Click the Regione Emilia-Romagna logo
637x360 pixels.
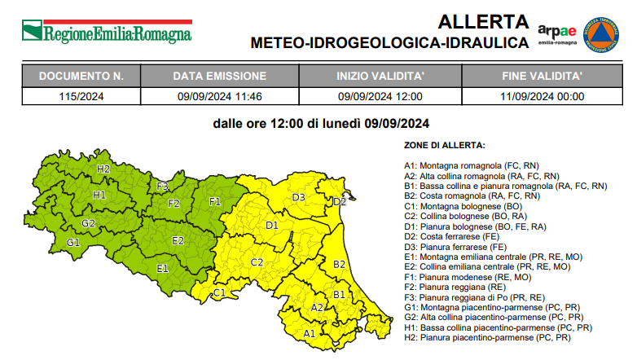(106, 32)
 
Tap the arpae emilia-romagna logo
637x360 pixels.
(557, 35)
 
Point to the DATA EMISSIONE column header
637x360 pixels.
(219, 77)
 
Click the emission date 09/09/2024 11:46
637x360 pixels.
(219, 96)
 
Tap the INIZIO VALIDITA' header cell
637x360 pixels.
(380, 77)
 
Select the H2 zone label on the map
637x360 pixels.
(103, 169)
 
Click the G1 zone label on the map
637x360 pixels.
(73, 243)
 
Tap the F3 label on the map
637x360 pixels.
(163, 187)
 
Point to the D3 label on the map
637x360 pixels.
(298, 197)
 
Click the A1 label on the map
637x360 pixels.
(310, 333)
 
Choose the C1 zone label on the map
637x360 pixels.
(219, 292)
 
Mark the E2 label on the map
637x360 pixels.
(178, 240)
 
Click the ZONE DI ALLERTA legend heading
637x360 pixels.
(444, 145)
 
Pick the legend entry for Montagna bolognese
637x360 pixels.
(463, 206)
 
